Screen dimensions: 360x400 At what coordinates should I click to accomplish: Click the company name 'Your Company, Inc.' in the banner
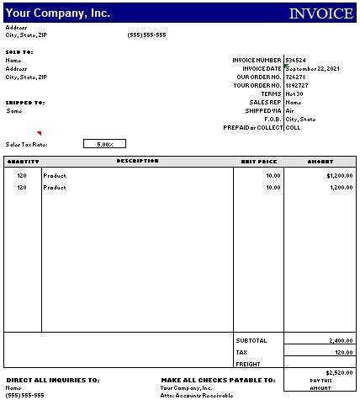point(58,13)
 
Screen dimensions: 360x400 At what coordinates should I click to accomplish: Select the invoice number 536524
point(295,60)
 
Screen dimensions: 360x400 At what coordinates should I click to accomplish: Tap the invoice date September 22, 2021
point(312,68)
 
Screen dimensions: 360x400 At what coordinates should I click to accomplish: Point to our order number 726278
point(295,77)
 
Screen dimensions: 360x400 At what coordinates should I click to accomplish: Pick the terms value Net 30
point(294,93)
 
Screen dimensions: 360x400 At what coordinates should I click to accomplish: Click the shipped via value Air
point(289,110)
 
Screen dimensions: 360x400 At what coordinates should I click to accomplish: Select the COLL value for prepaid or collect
point(293,127)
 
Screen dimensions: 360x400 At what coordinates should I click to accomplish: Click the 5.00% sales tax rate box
point(104,144)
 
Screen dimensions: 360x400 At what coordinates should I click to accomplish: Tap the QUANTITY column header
point(23,161)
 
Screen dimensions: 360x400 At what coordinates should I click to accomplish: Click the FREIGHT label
point(249,364)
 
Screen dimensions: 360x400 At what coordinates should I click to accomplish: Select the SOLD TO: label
point(19,51)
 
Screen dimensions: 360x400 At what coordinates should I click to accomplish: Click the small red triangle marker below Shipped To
point(39,133)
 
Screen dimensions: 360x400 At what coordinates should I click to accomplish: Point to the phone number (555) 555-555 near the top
point(146,35)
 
